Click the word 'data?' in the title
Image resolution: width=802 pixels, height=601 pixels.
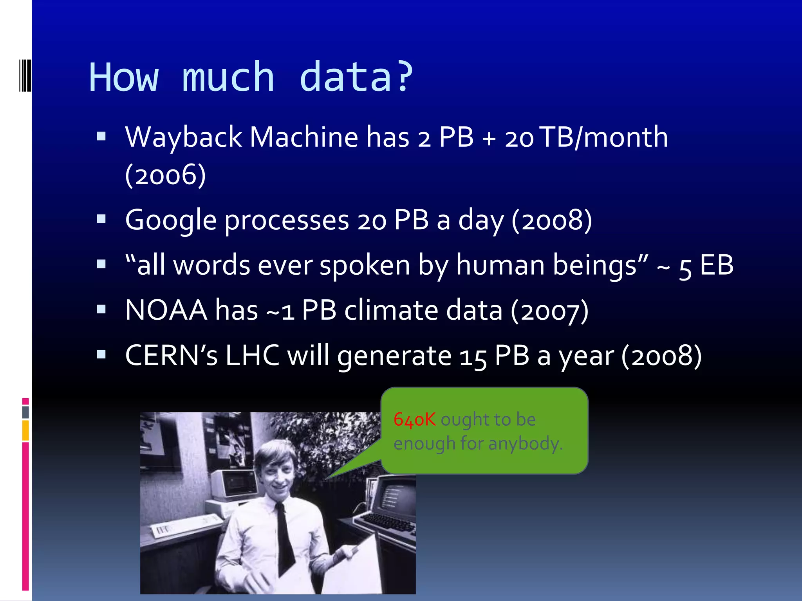[356, 77]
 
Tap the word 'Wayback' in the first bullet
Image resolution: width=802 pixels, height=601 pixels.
[183, 137]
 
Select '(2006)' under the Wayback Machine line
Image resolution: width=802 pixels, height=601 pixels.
[165, 175]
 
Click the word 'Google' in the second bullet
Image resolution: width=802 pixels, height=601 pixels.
[170, 220]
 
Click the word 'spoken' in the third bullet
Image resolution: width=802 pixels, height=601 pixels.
[365, 265]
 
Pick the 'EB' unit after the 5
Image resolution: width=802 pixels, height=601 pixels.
[716, 265]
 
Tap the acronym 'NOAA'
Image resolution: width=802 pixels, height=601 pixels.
[166, 310]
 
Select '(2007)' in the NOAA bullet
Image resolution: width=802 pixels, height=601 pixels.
[549, 310]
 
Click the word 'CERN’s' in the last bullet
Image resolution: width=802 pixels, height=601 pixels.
[171, 356]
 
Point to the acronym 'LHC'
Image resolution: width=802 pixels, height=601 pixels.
[252, 356]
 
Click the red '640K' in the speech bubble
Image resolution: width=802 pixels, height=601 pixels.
[414, 419]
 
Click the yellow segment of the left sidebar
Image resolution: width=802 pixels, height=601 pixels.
[25, 430]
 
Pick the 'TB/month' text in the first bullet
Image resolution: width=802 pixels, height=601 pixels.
[603, 137]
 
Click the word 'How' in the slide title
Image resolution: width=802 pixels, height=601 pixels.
[124, 77]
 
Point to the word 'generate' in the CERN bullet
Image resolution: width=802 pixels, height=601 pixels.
[394, 356]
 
